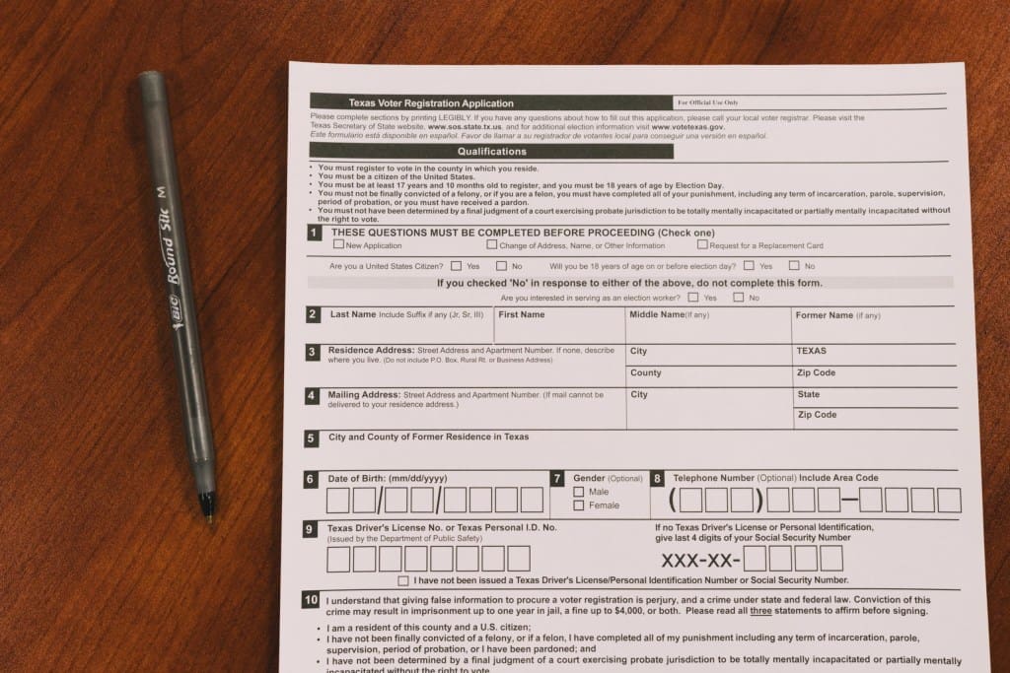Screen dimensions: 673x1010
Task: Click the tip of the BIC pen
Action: [x=207, y=514]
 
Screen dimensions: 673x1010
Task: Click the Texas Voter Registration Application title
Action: [x=431, y=102]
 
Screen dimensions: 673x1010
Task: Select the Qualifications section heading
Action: [x=491, y=152]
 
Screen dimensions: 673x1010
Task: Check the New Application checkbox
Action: [x=339, y=244]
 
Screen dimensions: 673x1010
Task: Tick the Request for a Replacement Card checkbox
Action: [x=702, y=244]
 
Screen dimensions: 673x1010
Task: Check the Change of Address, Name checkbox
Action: [x=491, y=244]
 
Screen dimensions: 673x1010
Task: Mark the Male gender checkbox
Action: [x=579, y=491]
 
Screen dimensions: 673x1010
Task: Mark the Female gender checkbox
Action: [x=579, y=505]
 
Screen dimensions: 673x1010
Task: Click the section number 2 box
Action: [x=313, y=315]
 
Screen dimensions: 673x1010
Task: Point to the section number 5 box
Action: [x=312, y=438]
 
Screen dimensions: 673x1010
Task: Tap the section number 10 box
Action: [x=312, y=600]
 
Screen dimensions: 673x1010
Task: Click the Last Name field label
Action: [x=352, y=314]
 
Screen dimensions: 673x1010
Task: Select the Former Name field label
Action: [x=825, y=315]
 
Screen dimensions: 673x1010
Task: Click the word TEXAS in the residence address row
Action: [x=812, y=351]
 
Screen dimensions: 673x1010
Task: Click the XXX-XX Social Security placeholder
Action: [x=699, y=560]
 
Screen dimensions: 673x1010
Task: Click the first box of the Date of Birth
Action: [x=338, y=501]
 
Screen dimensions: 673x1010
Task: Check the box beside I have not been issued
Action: [x=402, y=581]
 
